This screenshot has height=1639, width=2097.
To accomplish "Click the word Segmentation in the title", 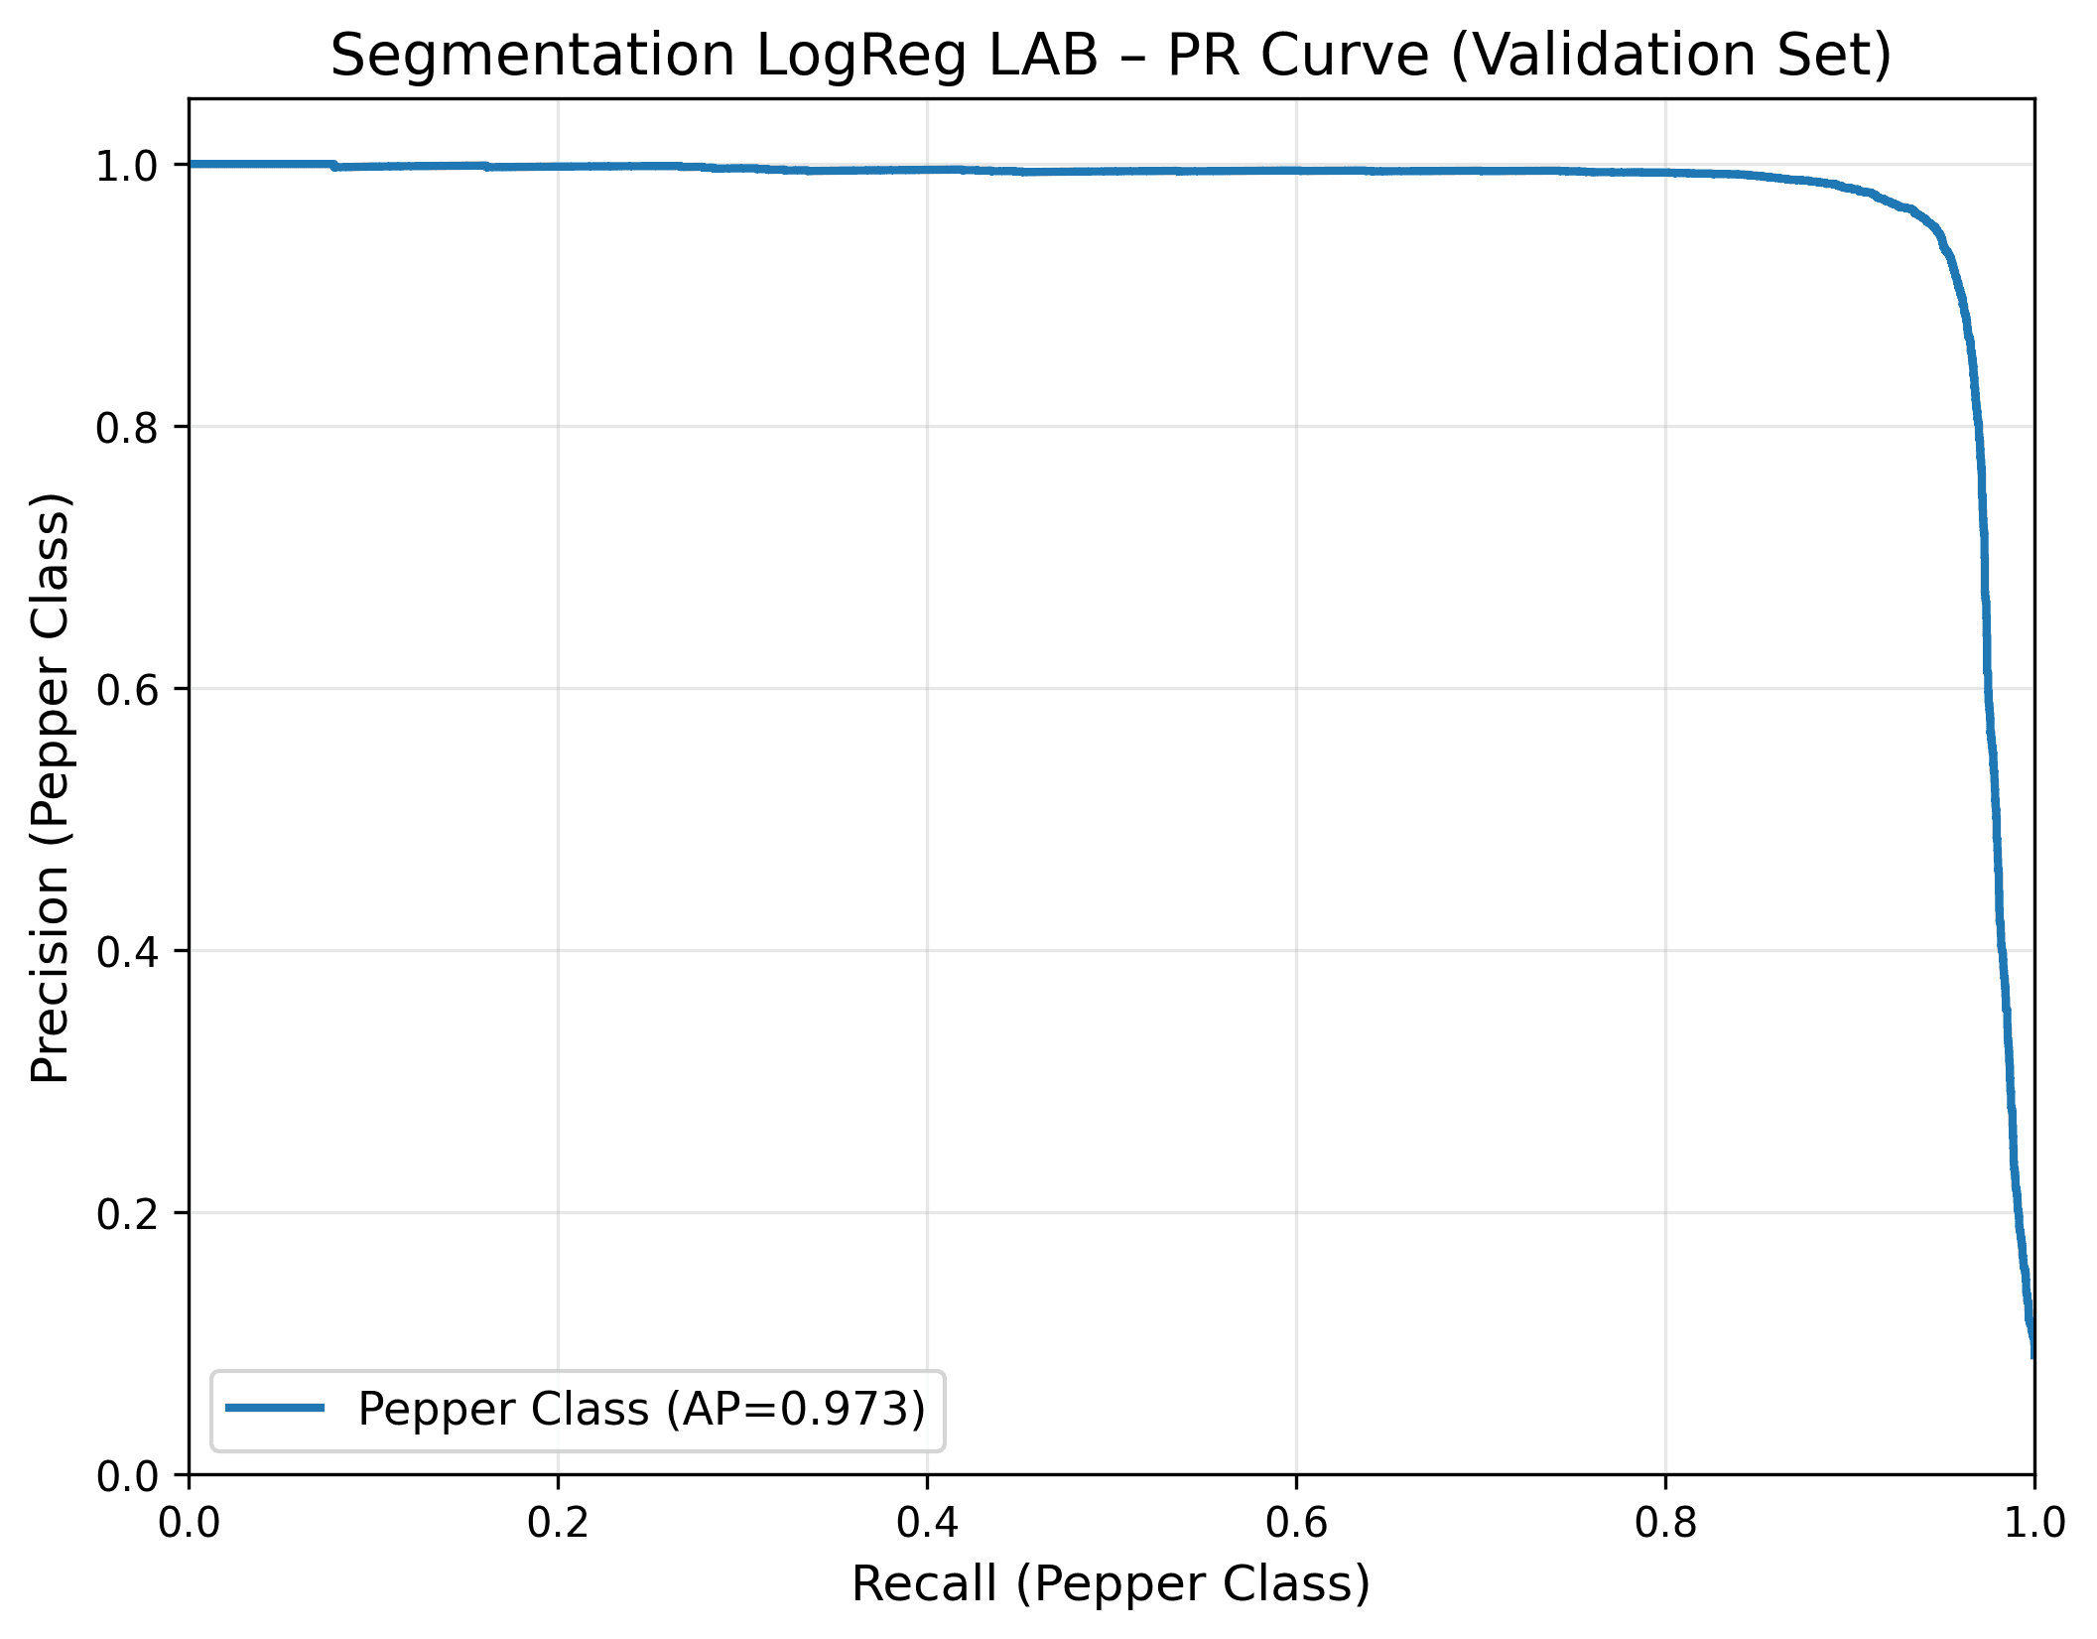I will click(x=532, y=56).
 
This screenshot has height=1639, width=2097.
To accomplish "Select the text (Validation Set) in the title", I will click(x=1670, y=56).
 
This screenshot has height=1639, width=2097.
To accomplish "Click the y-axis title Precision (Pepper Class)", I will click(x=50, y=787).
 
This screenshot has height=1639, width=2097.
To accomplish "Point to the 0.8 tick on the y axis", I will click(x=127, y=427).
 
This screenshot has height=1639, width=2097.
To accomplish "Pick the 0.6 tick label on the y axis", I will click(x=127, y=689).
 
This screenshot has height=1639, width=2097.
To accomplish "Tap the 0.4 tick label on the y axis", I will click(x=127, y=951).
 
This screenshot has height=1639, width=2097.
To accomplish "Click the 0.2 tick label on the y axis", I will click(x=127, y=1213).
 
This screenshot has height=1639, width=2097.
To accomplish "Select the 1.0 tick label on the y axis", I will click(x=127, y=166).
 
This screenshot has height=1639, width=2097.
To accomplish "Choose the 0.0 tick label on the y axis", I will click(x=127, y=1476).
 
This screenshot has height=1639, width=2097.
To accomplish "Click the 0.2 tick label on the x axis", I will click(x=558, y=1523).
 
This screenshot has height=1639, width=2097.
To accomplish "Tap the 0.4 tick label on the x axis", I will click(x=927, y=1523).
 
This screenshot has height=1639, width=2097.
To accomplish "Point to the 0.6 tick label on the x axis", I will click(x=1296, y=1523).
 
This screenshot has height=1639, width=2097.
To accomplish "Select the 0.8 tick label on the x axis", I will click(x=1665, y=1523).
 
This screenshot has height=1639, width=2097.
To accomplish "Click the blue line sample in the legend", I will click(x=275, y=1407).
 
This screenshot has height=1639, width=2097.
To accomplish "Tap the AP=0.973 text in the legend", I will click(x=795, y=1409).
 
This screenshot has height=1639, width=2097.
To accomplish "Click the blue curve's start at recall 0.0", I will click(x=191, y=164).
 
